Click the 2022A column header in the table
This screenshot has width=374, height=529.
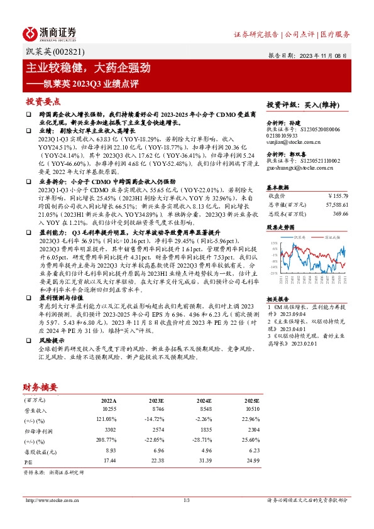click(108, 400)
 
